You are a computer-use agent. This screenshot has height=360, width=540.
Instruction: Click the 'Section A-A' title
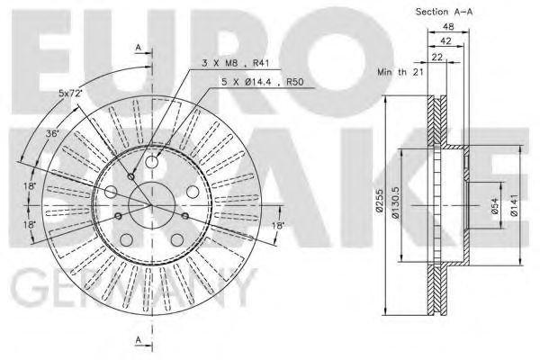coord(445,12)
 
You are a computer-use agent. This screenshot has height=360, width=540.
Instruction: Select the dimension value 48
coord(446,28)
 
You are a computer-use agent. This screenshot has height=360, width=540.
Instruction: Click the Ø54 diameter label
coord(494,209)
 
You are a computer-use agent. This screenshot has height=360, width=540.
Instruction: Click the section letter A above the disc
coord(138,46)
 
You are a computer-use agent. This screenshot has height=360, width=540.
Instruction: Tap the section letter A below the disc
coord(138,338)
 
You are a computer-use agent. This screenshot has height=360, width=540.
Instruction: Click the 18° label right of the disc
coord(279,225)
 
